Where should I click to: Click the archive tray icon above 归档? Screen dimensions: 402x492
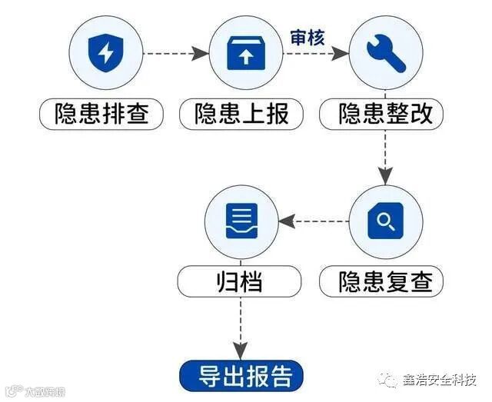[241, 221]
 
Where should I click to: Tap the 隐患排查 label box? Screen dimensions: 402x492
[101, 115]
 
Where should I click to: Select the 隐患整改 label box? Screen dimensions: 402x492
[381, 115]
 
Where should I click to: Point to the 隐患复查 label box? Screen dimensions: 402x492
[381, 281]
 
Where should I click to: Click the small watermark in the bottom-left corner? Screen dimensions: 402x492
[35, 391]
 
